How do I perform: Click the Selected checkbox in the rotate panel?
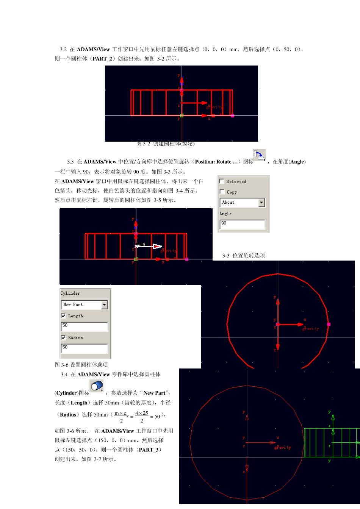(x=222, y=181)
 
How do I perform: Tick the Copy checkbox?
(x=222, y=192)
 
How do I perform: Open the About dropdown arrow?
(x=261, y=203)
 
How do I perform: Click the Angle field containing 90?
(x=242, y=224)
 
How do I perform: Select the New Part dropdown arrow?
(x=105, y=304)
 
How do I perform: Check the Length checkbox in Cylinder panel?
(x=63, y=315)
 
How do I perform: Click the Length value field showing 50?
(x=84, y=326)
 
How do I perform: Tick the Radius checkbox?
(x=63, y=337)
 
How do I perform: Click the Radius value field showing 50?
(x=84, y=348)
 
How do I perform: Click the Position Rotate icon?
(x=259, y=155)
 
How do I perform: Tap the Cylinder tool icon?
(x=97, y=386)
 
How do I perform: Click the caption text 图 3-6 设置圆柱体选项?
(x=81, y=365)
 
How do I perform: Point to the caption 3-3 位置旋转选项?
(x=244, y=256)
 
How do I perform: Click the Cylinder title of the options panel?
(x=70, y=293)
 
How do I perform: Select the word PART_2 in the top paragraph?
(x=102, y=59)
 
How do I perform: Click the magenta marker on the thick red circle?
(x=329, y=324)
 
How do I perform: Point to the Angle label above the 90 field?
(x=225, y=214)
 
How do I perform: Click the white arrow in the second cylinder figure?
(x=156, y=247)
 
